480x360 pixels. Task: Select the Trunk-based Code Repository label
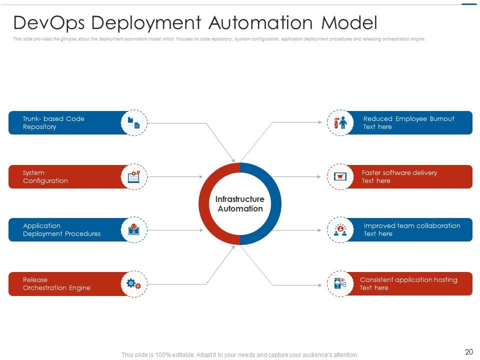53,122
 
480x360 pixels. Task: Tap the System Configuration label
45,176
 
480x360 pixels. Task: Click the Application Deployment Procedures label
61,229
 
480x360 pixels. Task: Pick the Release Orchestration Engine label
56,283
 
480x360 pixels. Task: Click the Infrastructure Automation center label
240,204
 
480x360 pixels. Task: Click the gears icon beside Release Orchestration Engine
134,283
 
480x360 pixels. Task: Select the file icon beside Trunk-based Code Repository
134,122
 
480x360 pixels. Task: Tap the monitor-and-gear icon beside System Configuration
134,176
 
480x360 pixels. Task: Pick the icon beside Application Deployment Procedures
134,229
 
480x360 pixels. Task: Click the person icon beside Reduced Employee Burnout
340,122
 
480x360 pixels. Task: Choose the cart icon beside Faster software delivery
340,176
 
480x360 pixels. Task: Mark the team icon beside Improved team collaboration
340,229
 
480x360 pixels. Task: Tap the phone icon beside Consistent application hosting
340,283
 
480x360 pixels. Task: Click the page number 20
468,352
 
